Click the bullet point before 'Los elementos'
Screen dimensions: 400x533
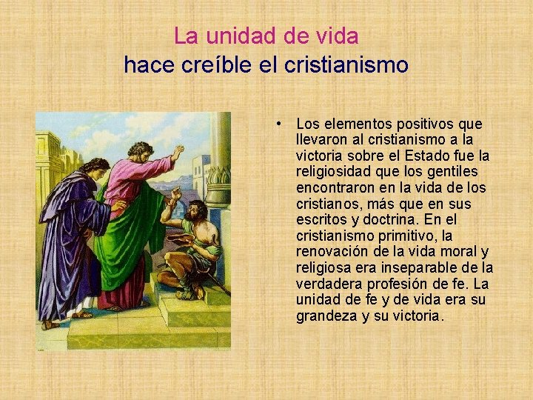coord(275,123)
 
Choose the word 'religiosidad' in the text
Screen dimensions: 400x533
coord(332,172)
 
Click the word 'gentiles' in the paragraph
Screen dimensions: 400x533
coord(465,172)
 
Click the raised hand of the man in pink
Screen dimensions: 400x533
coord(178,152)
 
